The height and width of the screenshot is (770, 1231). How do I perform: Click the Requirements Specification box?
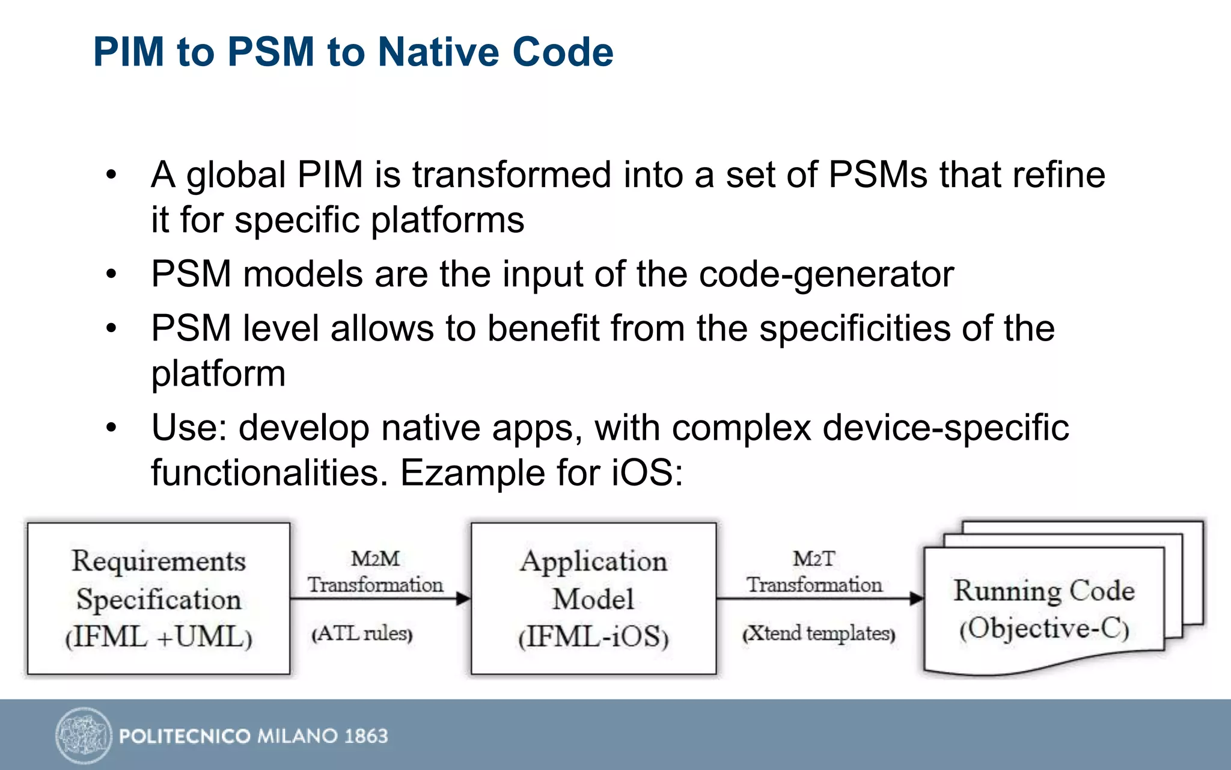(159, 598)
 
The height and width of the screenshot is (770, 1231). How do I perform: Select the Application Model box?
(593, 598)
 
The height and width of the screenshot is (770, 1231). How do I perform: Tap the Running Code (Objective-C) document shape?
(1043, 608)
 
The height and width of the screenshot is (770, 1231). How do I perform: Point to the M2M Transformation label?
(375, 571)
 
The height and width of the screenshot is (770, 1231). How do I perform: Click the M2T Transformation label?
(814, 571)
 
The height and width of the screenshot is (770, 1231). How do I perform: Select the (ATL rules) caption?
(362, 633)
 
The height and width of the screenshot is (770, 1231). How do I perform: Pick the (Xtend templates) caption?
(819, 633)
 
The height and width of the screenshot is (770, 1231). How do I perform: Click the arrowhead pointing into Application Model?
(463, 599)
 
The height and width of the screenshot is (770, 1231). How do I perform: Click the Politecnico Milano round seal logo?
(84, 735)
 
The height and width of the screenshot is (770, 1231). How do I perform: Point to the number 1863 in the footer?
(366, 736)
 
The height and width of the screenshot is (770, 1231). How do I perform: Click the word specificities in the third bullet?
(855, 329)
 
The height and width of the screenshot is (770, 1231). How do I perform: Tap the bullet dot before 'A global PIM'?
(111, 175)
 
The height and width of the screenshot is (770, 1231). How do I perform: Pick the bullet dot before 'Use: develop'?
(111, 428)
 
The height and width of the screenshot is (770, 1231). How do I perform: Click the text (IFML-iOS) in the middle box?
(593, 637)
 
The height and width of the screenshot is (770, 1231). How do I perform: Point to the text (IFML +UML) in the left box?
(159, 637)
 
